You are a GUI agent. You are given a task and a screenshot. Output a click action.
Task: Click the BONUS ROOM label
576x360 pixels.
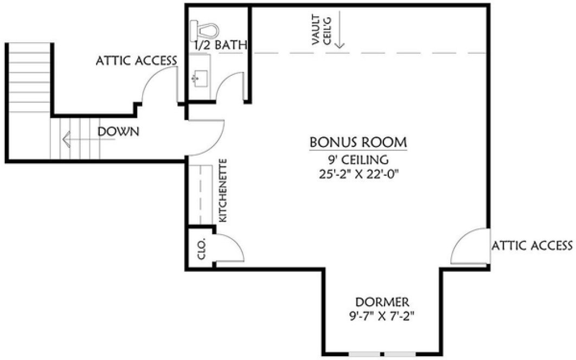(358, 143)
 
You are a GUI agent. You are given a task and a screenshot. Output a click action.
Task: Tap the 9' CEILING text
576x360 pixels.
(358, 160)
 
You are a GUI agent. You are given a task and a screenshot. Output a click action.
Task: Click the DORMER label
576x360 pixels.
(382, 302)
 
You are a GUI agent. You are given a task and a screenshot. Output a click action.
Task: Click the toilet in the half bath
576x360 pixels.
(204, 27)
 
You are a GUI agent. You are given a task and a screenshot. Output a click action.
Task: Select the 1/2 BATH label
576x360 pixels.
(220, 45)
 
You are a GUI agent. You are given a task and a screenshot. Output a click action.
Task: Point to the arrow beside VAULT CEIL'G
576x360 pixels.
(339, 33)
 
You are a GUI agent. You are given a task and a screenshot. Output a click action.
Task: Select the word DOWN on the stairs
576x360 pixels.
(119, 131)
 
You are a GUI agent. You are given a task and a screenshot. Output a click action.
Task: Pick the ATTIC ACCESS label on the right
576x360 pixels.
(532, 246)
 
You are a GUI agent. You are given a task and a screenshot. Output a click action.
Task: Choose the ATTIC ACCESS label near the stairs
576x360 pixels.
(136, 60)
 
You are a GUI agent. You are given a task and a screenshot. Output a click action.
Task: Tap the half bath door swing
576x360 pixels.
(228, 87)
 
